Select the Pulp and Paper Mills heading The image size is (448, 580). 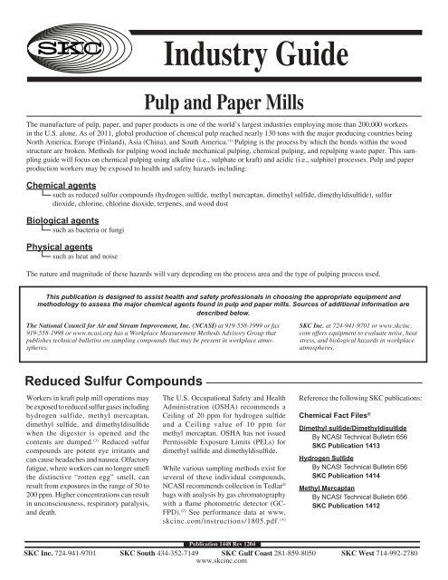(224, 105)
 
